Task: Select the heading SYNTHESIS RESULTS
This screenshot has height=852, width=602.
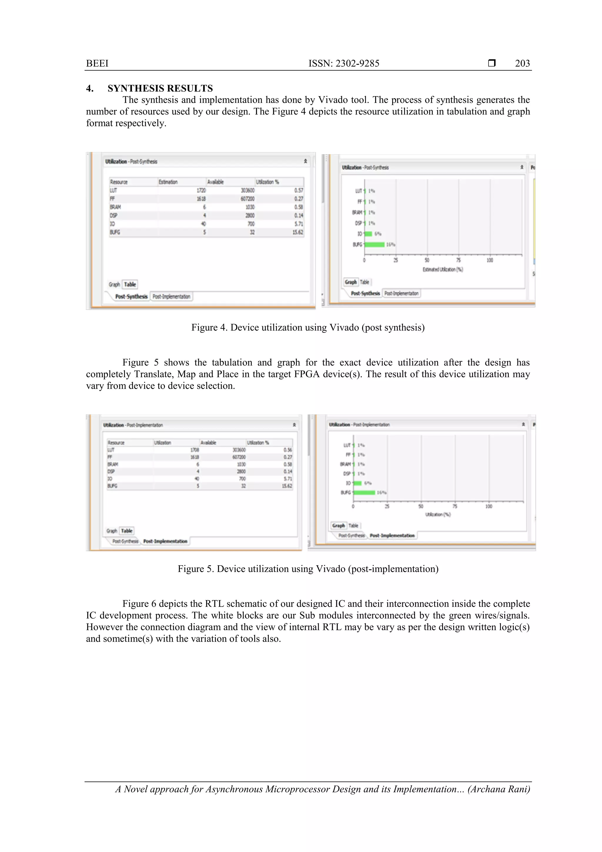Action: coord(160,88)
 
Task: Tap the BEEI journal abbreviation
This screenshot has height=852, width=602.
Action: coord(97,64)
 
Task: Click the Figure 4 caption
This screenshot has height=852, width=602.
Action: coord(307,327)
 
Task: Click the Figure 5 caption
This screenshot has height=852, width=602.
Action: coord(307,569)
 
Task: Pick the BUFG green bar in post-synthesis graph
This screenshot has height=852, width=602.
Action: coord(374,244)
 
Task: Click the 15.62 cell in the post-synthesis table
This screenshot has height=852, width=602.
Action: coord(297,232)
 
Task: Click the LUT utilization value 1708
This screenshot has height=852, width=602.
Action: coord(194,450)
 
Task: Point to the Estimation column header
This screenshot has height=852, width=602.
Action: coord(168,182)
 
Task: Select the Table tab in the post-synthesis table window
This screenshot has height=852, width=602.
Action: coord(130,285)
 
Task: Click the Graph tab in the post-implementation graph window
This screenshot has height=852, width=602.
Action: coord(338,526)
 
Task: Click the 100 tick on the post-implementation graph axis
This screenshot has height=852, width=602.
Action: coord(489,506)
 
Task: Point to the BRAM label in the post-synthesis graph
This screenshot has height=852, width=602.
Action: coord(357,213)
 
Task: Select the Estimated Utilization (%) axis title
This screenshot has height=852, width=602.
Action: coord(442,269)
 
